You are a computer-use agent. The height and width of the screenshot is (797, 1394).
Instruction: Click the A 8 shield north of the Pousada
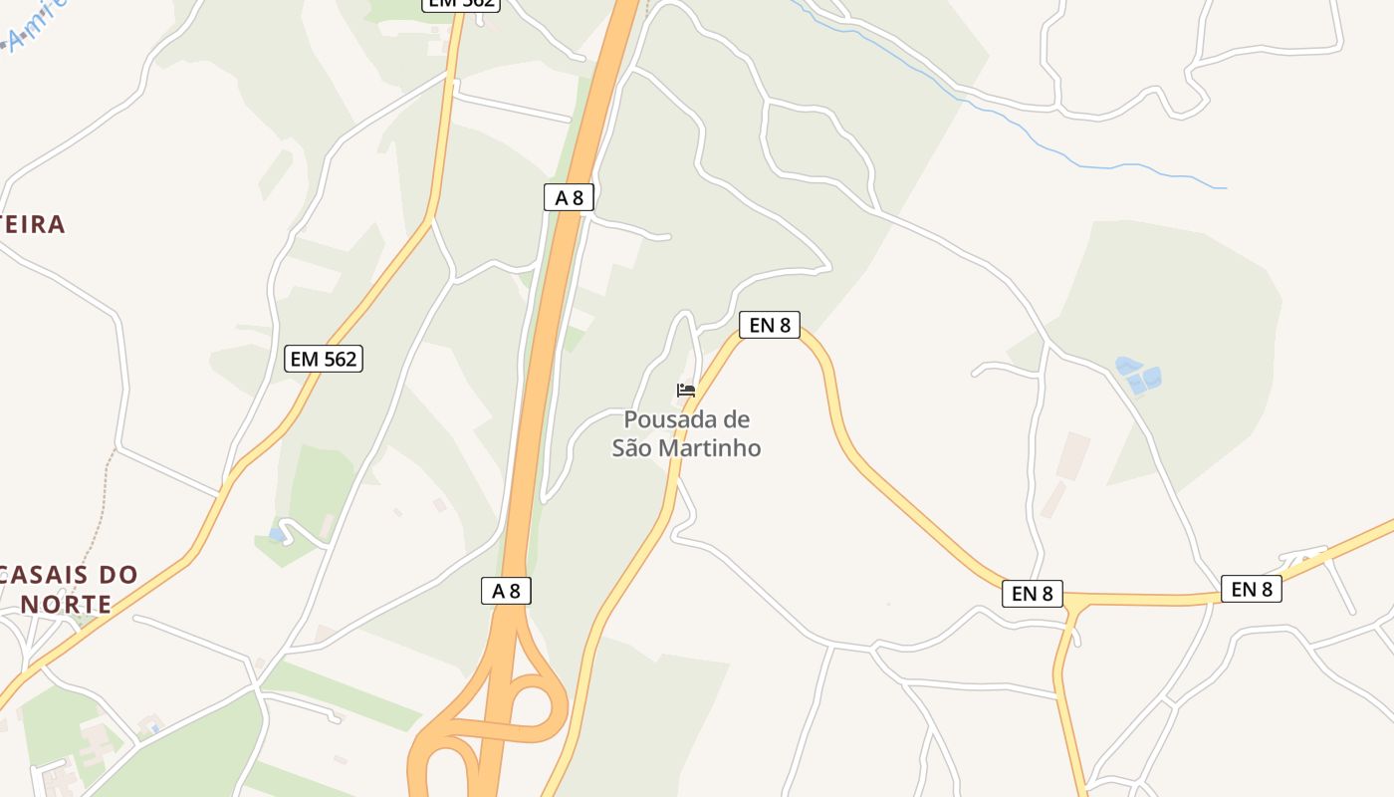[569, 197]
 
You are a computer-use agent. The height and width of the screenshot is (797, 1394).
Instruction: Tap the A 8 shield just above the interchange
[506, 591]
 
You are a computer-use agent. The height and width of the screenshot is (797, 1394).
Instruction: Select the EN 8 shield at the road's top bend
[770, 324]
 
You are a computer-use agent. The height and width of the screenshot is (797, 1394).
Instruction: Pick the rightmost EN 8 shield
[1251, 589]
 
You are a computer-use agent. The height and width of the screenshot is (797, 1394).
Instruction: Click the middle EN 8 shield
[1032, 594]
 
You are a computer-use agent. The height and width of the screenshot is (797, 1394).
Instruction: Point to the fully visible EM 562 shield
[324, 359]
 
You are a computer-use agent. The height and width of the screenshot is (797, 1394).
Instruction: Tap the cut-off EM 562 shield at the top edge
[460, 4]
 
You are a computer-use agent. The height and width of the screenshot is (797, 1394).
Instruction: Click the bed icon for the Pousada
[685, 390]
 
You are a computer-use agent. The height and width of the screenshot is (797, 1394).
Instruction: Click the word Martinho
[708, 448]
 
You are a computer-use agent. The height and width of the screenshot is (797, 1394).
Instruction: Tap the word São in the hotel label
[631, 448]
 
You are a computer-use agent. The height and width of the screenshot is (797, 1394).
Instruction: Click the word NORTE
[66, 604]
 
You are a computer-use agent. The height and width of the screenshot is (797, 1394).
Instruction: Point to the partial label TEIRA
[32, 224]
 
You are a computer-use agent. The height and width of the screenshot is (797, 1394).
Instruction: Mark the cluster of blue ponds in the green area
[1138, 375]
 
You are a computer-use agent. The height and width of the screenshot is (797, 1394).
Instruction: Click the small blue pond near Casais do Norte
[277, 534]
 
